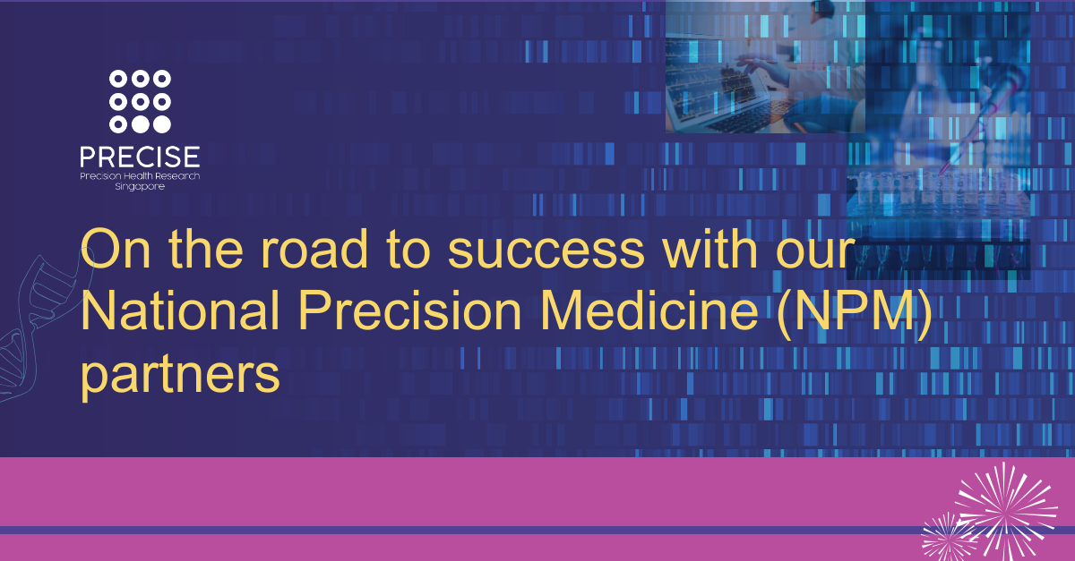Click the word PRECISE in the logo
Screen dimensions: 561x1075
tap(139, 157)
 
